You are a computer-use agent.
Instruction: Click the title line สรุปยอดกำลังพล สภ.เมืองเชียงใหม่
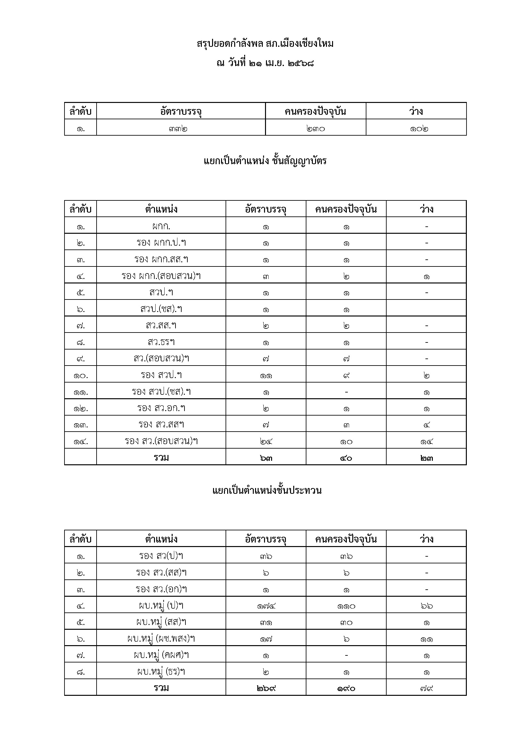coord(265,44)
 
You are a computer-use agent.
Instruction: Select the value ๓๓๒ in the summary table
coord(178,129)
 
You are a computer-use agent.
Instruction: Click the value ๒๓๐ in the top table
coord(315,129)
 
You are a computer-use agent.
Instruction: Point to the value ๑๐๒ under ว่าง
coord(419,129)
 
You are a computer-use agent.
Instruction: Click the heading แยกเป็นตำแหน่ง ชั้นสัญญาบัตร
coord(265,161)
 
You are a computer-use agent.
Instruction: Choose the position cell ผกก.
coord(161,226)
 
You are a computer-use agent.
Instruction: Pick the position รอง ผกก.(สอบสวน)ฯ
coord(161,276)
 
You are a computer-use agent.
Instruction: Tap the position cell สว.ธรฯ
coord(161,342)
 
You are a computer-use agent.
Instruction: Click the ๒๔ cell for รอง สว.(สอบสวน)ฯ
coord(266,442)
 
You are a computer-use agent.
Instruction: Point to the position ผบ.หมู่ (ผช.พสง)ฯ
coord(161,638)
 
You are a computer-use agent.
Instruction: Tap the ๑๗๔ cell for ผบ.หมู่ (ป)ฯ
coord(266,606)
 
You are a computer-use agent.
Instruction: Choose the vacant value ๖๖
coord(427,606)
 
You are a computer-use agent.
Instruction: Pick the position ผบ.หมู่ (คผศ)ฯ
coord(161,655)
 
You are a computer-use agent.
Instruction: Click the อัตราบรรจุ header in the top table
coord(181,112)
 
